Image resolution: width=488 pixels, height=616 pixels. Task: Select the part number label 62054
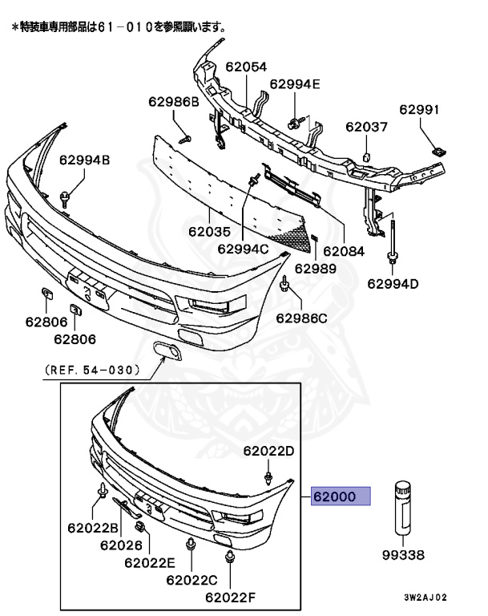coord(246,67)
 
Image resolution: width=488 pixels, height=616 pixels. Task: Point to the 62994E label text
coord(294,83)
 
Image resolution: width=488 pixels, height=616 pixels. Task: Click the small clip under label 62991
coord(438,149)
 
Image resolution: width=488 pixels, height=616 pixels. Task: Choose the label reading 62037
coord(366,127)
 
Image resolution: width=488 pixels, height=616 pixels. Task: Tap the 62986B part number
coord(172,102)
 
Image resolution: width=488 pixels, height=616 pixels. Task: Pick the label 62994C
coord(243,249)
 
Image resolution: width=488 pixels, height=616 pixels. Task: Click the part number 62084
coord(343,250)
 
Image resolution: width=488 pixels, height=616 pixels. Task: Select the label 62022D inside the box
coord(269,452)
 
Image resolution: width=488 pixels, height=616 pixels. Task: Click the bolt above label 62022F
coord(230,557)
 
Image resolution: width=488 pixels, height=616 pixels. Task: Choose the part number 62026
coord(122,545)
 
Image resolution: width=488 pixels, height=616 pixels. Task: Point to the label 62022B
coord(93,528)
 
